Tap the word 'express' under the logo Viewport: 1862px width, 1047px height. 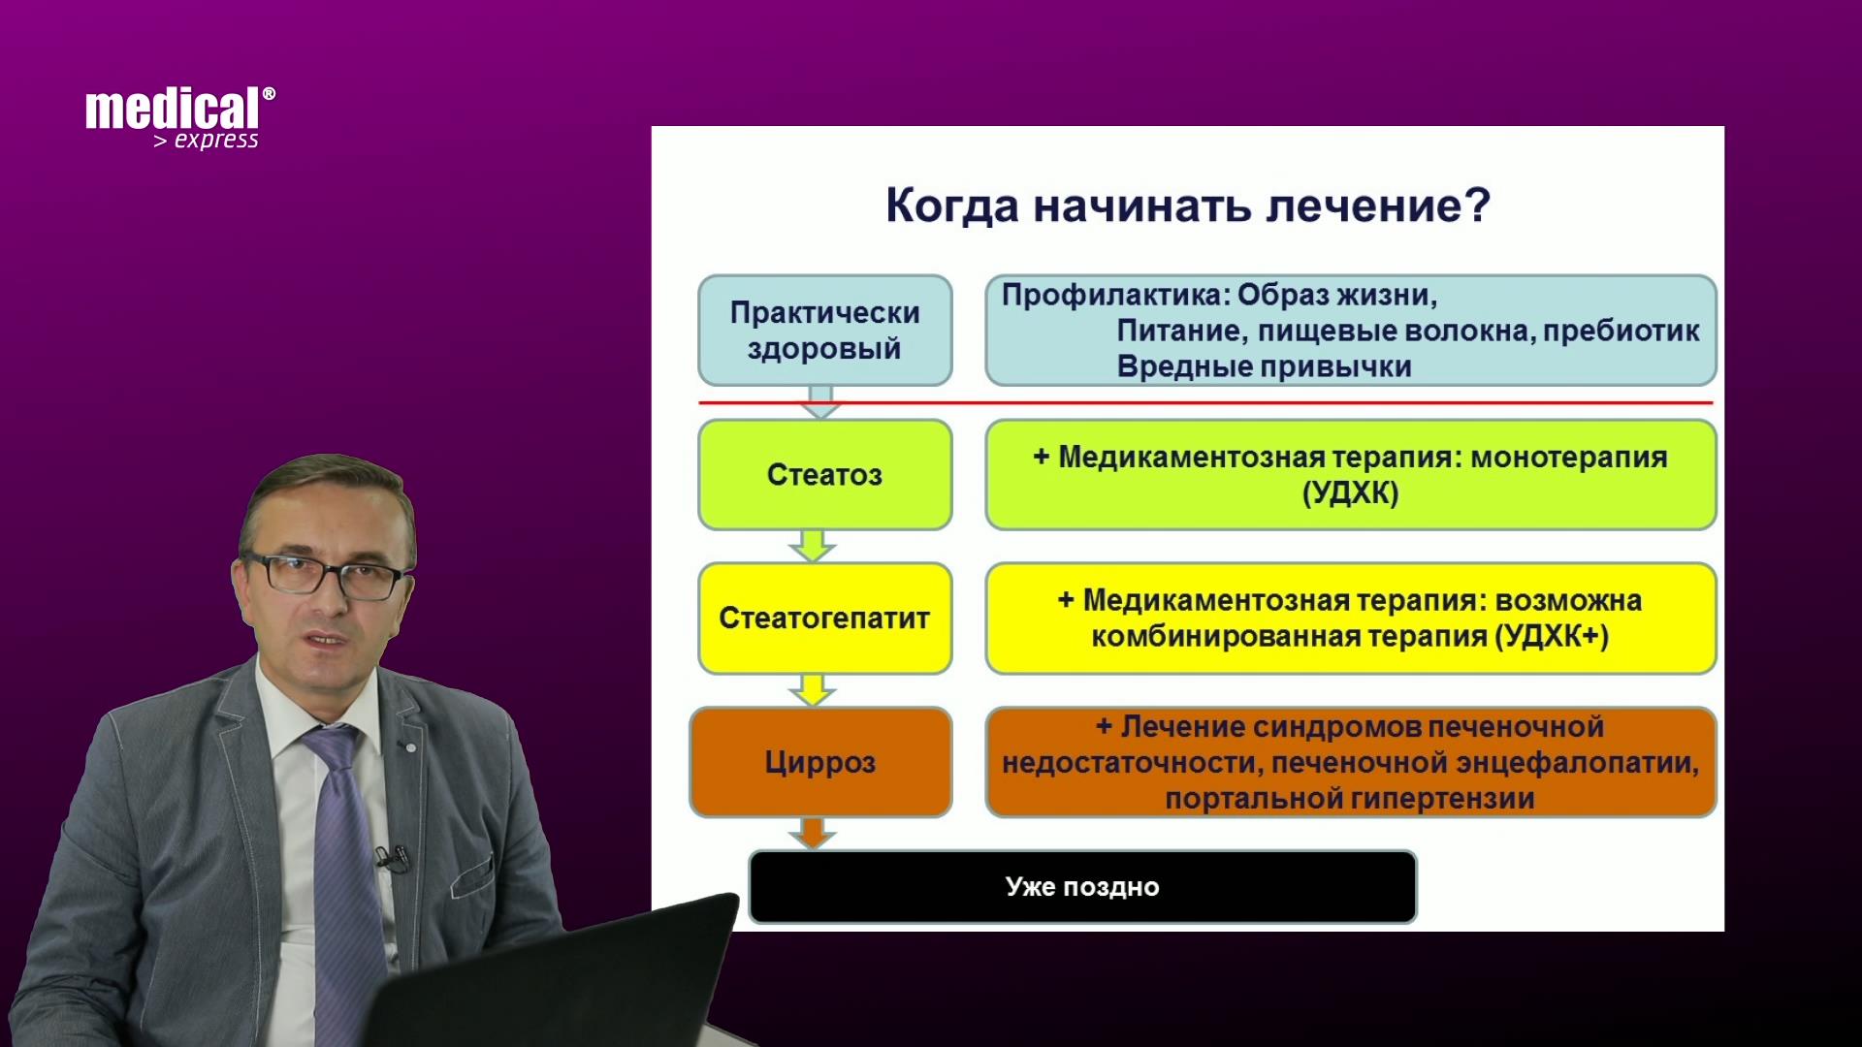click(x=216, y=141)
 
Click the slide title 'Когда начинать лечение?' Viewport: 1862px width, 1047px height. click(x=1188, y=206)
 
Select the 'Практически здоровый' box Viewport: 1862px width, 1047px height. click(x=825, y=331)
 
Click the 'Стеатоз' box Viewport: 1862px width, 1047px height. click(x=825, y=475)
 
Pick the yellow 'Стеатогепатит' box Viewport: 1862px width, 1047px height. click(x=825, y=619)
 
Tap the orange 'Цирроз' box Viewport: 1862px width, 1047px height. click(x=820, y=762)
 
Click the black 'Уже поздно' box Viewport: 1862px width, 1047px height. click(x=1082, y=887)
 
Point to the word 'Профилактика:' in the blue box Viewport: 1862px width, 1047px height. click(x=1115, y=295)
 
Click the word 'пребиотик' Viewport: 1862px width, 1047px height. click(x=1621, y=332)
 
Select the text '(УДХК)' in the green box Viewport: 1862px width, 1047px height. click(x=1351, y=493)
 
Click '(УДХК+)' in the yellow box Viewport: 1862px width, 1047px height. click(x=1552, y=637)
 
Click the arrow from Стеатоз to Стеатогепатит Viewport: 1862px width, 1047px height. click(x=813, y=546)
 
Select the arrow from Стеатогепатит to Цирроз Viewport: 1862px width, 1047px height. click(x=813, y=689)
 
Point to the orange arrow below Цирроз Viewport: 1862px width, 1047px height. click(x=813, y=834)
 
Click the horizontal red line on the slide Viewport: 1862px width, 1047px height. click(x=1206, y=402)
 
